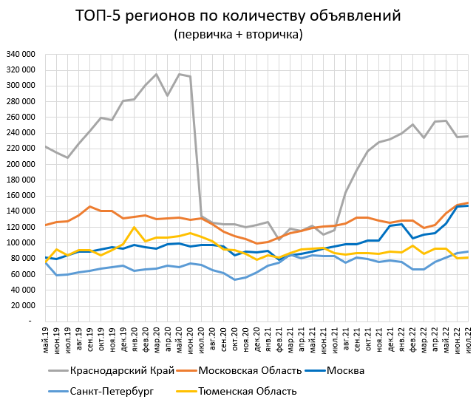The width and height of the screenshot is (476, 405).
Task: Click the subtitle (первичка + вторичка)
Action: point(238,34)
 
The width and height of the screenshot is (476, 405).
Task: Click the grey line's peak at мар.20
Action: point(157,74)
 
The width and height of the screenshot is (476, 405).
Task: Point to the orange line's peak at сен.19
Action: point(90,207)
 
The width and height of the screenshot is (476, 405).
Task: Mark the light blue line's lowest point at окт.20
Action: point(235,279)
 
